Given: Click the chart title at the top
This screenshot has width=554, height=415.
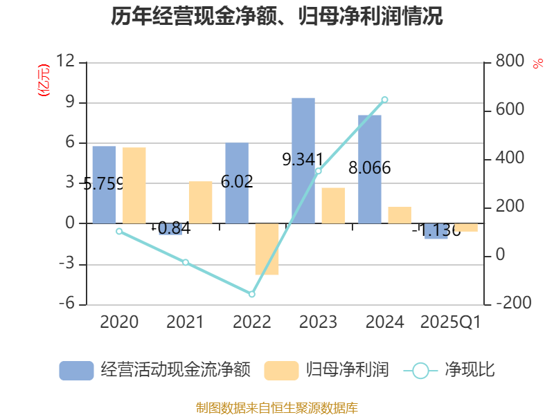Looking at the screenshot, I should point(276,17).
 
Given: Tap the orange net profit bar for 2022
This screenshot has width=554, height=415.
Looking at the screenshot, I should point(267,249).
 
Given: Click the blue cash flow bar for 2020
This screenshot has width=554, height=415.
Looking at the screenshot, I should point(104,185).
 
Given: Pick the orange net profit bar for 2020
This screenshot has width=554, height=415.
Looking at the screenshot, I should point(134,185).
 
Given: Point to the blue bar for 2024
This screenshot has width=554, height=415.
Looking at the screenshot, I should point(370,169).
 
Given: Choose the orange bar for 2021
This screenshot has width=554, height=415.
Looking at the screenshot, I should point(201,202).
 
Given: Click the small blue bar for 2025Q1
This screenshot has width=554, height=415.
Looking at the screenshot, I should point(436,231).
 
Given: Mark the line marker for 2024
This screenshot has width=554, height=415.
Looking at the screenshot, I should point(385,100).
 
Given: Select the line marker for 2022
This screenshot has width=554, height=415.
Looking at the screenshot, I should point(252,294).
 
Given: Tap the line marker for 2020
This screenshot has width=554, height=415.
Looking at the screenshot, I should point(119,231).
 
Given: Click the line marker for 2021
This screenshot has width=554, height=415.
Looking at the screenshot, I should point(186,262).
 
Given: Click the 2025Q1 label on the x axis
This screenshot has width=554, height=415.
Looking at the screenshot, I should point(451,322).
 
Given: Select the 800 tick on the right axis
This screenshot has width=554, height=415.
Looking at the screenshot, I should point(510,62).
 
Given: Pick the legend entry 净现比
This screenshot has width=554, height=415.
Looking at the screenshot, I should point(450,370).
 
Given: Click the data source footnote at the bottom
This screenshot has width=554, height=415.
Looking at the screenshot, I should point(276,407).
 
